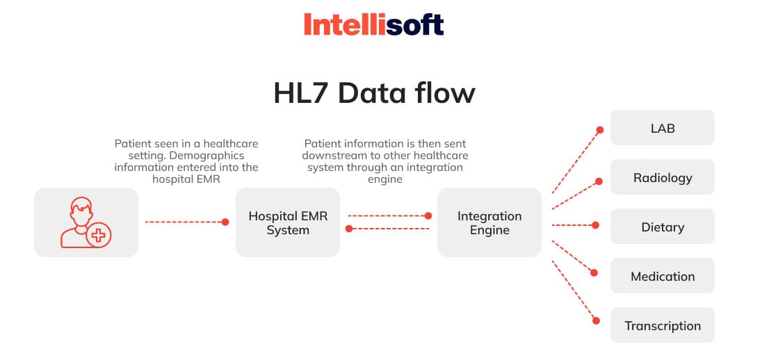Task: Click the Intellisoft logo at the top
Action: [373, 25]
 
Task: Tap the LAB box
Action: [662, 128]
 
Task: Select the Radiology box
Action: [662, 177]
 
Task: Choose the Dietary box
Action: [662, 227]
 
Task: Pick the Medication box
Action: [662, 276]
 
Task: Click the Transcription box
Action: [662, 325]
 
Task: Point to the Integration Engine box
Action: [489, 222]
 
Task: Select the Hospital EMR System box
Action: [288, 222]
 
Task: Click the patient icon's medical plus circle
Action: [99, 236]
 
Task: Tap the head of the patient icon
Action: [81, 207]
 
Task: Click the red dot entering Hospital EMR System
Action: [225, 222]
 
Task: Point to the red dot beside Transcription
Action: [596, 321]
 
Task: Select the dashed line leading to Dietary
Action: [571, 225]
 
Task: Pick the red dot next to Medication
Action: [596, 272]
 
